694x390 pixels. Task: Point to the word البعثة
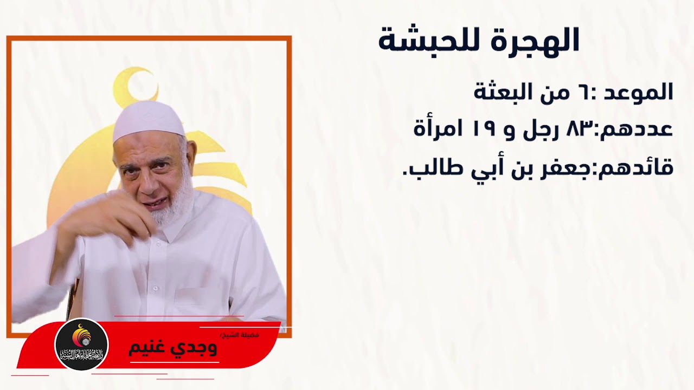pyautogui.click(x=505, y=92)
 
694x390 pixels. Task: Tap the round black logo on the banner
pyautogui.click(x=81, y=344)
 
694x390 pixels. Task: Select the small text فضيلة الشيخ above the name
pyautogui.click(x=240, y=335)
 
